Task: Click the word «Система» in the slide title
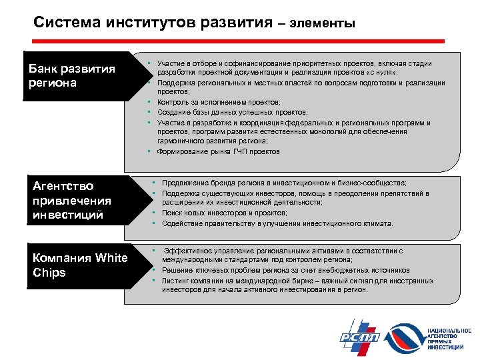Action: (67, 23)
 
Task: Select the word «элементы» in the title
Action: (324, 24)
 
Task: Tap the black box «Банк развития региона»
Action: (74, 76)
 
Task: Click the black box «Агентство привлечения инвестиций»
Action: (74, 200)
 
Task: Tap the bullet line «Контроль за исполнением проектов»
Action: (210, 103)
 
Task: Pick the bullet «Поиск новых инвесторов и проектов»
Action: (215, 213)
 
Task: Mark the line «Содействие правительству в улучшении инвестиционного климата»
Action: (277, 223)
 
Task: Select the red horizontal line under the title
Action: (239, 41)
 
